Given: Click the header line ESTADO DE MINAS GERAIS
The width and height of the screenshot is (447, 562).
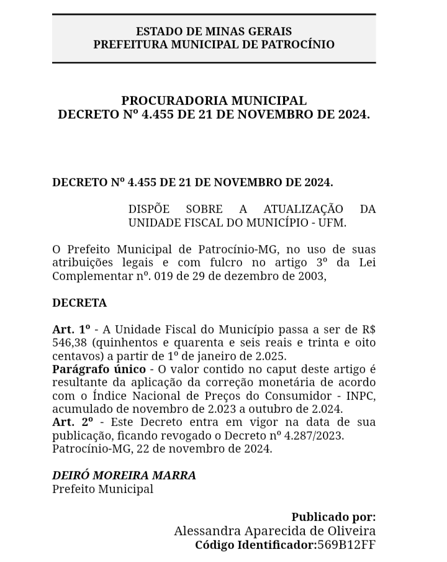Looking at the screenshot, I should (214, 31).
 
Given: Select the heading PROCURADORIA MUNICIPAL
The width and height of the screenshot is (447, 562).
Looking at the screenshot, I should (214, 101).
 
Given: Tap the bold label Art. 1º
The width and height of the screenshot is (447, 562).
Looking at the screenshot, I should (71, 329).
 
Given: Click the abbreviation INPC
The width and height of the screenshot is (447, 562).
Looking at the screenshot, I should (361, 396).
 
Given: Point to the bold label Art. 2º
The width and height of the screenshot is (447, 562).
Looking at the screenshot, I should (71, 422).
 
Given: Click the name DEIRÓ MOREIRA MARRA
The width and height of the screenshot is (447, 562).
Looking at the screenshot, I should (124, 476).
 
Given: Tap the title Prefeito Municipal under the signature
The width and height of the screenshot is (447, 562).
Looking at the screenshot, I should (102, 489).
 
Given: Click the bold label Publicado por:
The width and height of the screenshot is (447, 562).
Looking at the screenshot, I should (333, 517).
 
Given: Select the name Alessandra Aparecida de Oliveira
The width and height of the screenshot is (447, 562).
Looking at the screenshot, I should (274, 531).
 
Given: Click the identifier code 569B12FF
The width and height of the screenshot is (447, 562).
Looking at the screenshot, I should (346, 545).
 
